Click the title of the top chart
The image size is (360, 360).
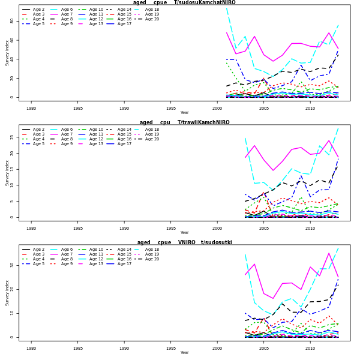[x=184, y=2]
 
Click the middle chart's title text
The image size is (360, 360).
[x=184, y=122]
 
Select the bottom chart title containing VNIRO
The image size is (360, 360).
[x=184, y=242]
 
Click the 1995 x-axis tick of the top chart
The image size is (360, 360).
[x=170, y=108]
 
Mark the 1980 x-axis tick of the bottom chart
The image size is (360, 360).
[x=31, y=348]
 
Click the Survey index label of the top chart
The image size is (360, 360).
[x=7, y=53]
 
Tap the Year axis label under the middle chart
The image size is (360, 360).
[x=184, y=233]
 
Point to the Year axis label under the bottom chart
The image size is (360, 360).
[x=184, y=353]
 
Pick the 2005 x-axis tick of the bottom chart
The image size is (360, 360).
[x=263, y=348]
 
